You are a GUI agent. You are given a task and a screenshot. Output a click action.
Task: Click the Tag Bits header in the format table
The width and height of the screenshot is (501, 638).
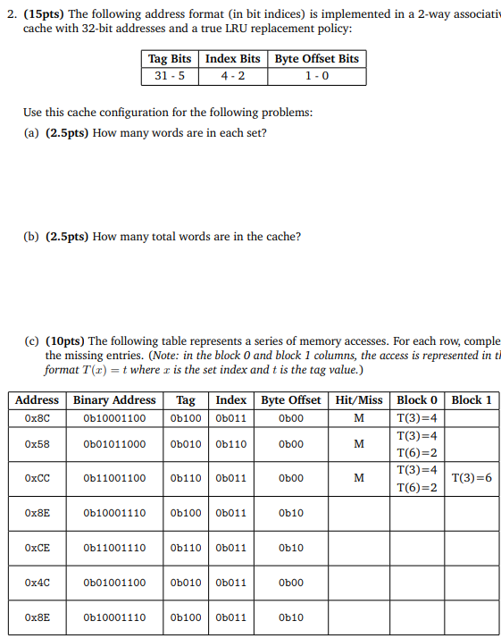point(170,59)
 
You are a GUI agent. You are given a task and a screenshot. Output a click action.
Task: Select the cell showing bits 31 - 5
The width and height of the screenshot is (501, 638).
point(170,76)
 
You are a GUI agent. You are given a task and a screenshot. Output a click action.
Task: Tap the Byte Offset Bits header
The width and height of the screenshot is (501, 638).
point(316,59)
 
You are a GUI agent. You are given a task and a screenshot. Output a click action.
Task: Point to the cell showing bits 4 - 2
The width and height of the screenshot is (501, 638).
point(232,76)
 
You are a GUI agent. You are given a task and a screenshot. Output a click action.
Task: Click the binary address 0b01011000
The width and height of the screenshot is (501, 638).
point(114,444)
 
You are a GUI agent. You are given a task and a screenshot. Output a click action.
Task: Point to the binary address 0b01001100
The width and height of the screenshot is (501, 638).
point(114,583)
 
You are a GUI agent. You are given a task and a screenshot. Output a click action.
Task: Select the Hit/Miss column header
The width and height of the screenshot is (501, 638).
point(359,400)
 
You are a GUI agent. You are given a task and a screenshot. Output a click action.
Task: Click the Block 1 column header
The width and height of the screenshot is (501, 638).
point(472,400)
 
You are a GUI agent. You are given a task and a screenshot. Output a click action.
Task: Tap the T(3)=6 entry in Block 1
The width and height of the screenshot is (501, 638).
point(472,478)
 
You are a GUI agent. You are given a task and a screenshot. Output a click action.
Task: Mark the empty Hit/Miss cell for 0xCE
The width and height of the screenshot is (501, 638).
point(359,548)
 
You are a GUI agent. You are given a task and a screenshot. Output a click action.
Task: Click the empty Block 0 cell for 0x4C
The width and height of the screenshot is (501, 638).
point(417,583)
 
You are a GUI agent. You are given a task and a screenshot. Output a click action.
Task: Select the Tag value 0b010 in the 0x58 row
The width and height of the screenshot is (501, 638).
point(186,444)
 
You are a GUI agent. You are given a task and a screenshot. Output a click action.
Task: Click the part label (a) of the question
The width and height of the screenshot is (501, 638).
point(31,133)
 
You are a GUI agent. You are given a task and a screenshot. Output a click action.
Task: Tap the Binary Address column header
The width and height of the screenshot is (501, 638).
point(114,400)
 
